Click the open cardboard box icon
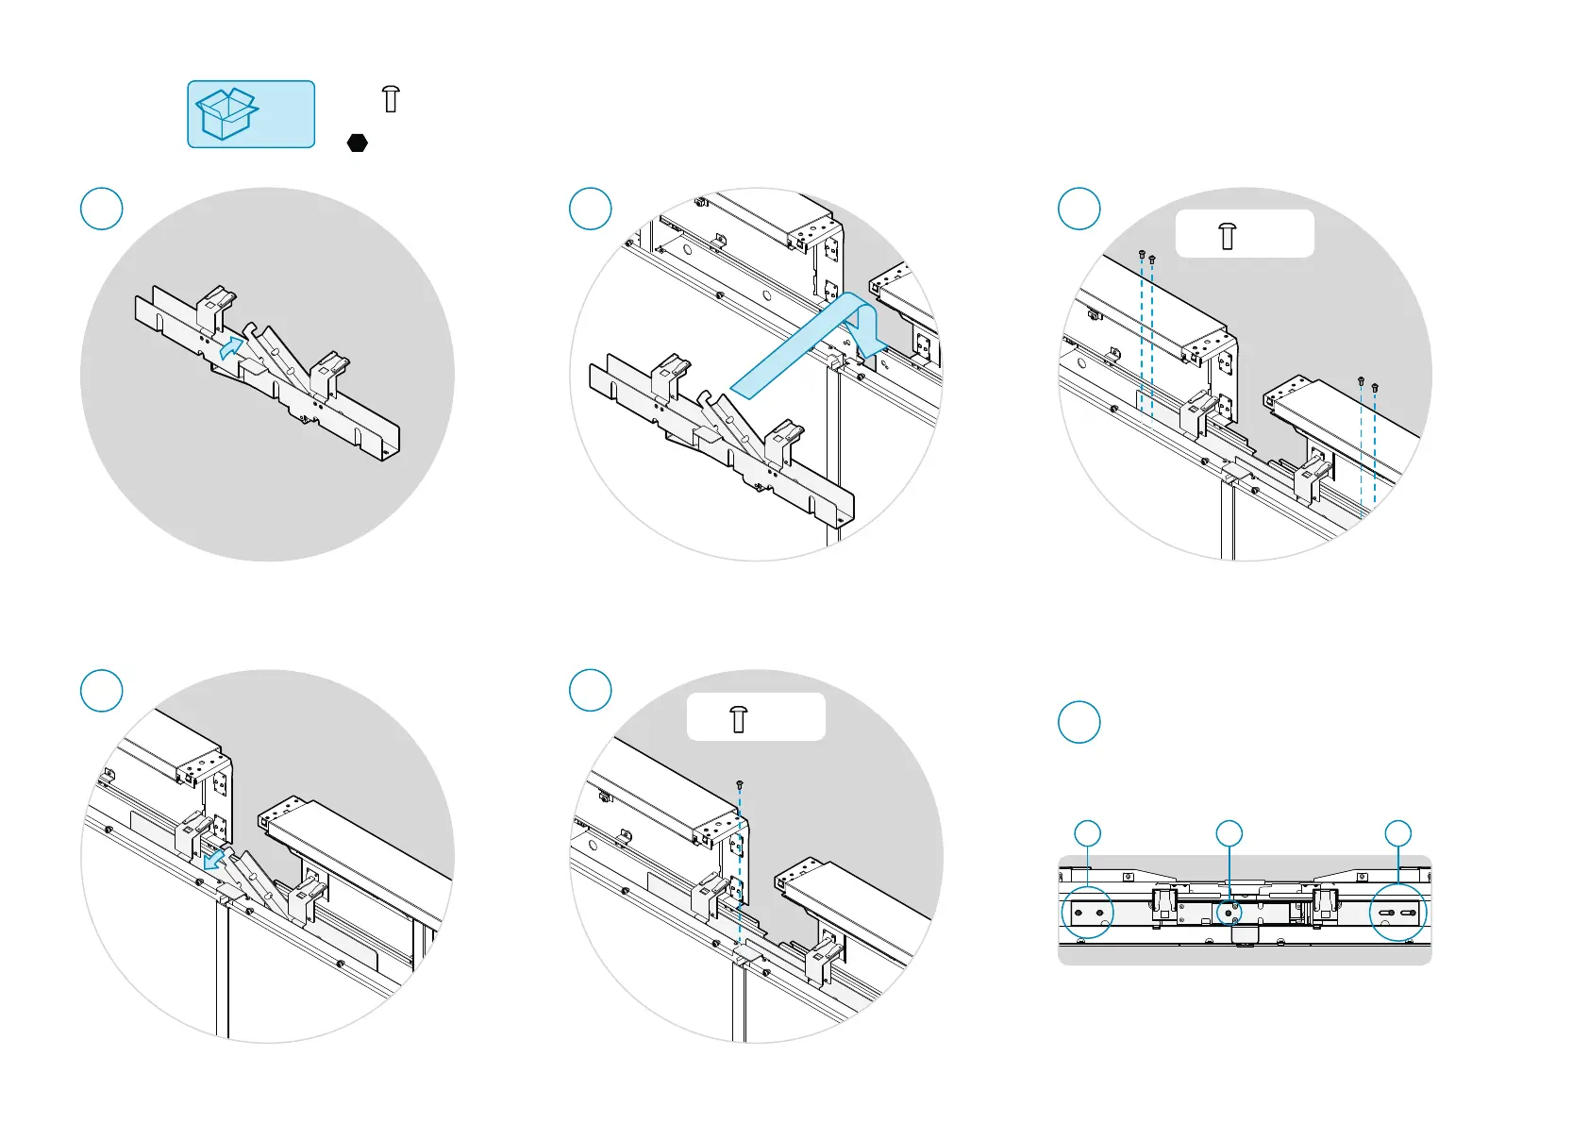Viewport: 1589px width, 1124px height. pyautogui.click(x=226, y=114)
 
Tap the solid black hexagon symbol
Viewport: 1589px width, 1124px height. pyautogui.click(x=358, y=143)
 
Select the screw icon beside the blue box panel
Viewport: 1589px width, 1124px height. pyautogui.click(x=391, y=98)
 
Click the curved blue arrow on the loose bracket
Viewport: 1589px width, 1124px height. pyautogui.click(x=230, y=345)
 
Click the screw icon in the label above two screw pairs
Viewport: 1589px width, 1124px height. pyautogui.click(x=1227, y=235)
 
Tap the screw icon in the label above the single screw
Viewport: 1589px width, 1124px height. pyautogui.click(x=739, y=719)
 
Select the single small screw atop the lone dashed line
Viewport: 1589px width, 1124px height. pyautogui.click(x=740, y=784)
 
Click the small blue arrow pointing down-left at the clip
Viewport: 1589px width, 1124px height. pyautogui.click(x=216, y=859)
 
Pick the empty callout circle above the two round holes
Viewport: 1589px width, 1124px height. pyautogui.click(x=1088, y=833)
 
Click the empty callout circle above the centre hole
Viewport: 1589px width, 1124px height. pyautogui.click(x=1229, y=833)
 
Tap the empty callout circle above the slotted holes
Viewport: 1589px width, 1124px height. pyautogui.click(x=1397, y=833)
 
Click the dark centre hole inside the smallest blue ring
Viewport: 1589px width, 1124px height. pyautogui.click(x=1229, y=913)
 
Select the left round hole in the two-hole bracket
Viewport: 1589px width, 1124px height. pyautogui.click(x=1079, y=914)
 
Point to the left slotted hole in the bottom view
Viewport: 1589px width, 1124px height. pyautogui.click(x=1386, y=914)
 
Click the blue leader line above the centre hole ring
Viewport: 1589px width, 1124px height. pyautogui.click(x=1229, y=873)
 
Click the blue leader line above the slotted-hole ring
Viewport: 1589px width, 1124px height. pyautogui.click(x=1397, y=866)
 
